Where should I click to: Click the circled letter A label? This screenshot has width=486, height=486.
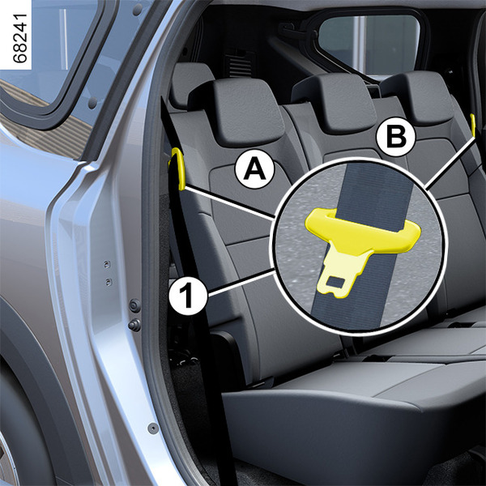coord(255,169)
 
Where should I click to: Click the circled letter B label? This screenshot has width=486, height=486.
coord(395,137)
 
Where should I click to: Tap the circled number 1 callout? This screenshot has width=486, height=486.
coord(188,296)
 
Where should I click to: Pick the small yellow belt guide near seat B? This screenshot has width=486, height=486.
coord(473,126)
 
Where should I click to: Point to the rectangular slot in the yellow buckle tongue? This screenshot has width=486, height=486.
coord(335,281)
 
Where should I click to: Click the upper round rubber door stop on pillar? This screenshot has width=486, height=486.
coord(134,306)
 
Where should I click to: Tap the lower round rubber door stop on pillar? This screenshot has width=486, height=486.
coord(134,325)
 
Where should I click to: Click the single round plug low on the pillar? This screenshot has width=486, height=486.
coord(153,428)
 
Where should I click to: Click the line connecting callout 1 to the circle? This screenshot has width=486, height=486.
coord(241,281)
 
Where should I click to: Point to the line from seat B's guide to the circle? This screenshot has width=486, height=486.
coord(450,163)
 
